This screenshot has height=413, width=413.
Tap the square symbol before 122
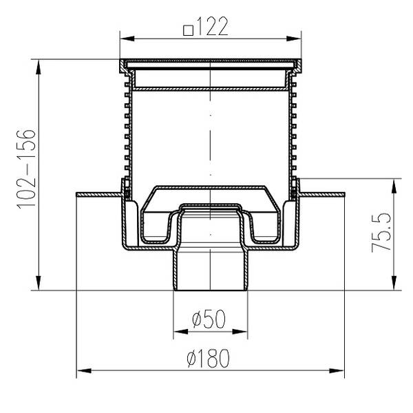(x=188, y=30)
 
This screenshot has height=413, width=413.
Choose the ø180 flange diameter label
(x=207, y=358)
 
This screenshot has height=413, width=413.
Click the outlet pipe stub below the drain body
(x=209, y=272)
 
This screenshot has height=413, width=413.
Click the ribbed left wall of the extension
(x=127, y=131)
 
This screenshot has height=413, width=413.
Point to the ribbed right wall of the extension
(x=293, y=131)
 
